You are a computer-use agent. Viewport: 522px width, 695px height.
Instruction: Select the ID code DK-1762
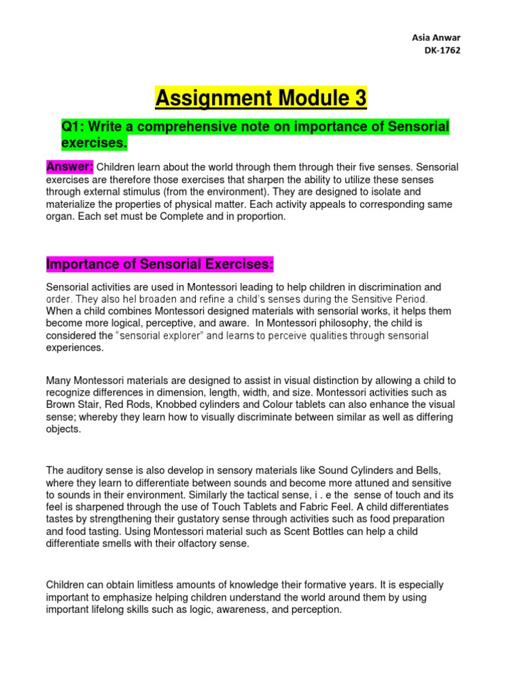click(x=442, y=52)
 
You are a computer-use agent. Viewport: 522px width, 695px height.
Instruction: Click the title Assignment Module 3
click(x=261, y=99)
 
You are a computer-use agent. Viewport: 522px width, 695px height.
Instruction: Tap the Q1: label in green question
click(x=75, y=128)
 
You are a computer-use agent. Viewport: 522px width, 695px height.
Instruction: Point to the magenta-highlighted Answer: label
click(x=69, y=167)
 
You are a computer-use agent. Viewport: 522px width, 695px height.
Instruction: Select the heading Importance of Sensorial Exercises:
click(x=158, y=263)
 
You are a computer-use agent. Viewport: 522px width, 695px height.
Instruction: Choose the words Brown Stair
click(x=72, y=405)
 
